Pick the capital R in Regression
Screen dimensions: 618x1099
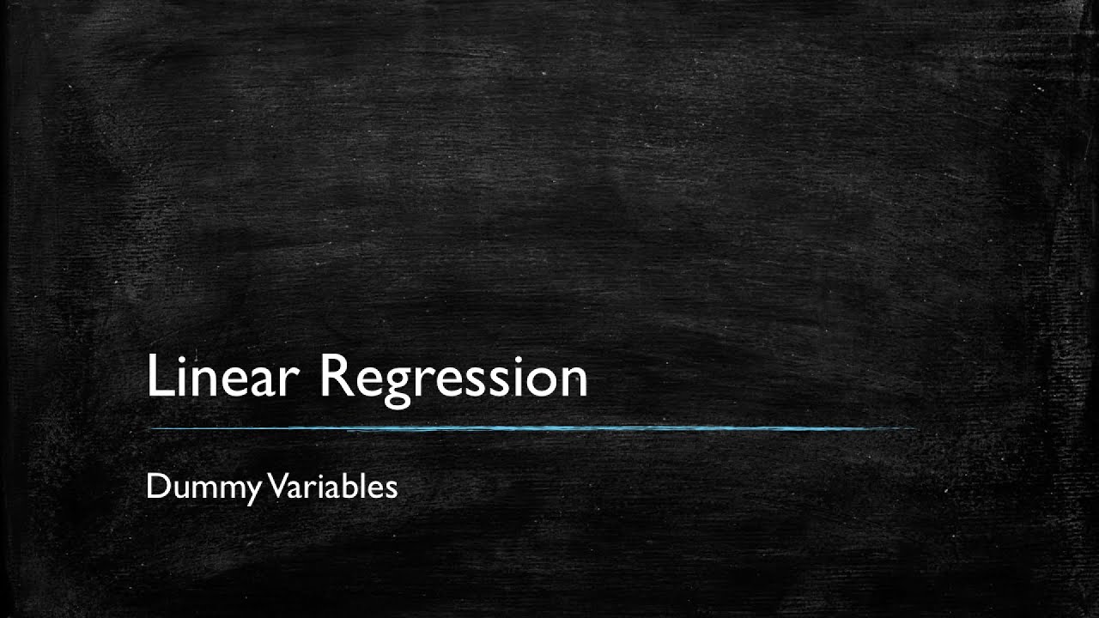[335, 375]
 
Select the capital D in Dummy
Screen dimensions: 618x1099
[155, 487]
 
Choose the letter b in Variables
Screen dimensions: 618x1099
[344, 486]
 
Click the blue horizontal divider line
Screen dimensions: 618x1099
[532, 427]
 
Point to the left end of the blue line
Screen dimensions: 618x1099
[150, 427]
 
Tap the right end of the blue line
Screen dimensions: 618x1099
[915, 427]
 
